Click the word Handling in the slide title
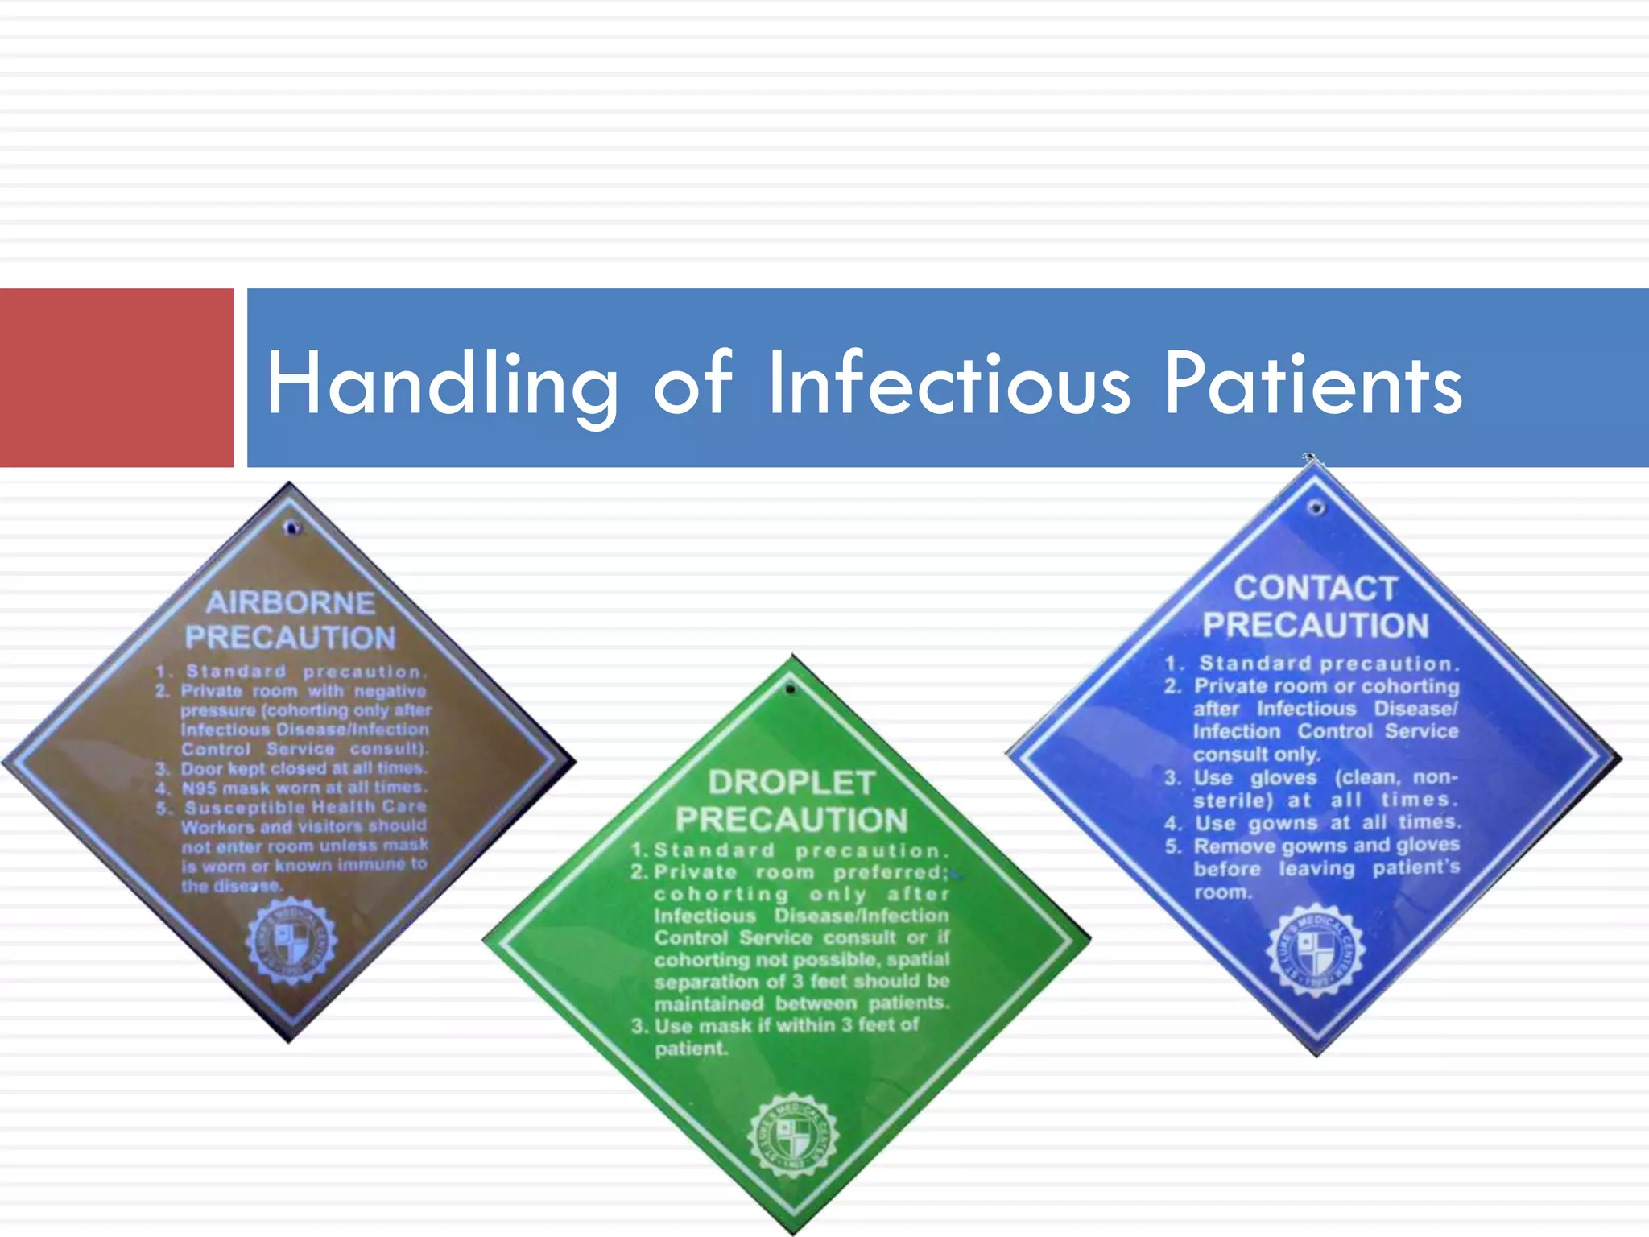pyautogui.click(x=441, y=385)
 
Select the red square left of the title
pyautogui.click(x=116, y=377)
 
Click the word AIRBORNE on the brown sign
pyautogui.click(x=290, y=602)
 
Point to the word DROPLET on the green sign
pyautogui.click(x=791, y=783)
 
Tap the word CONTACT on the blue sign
pyautogui.click(x=1315, y=589)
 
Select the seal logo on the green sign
pyautogui.click(x=792, y=1136)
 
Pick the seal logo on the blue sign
pyautogui.click(x=1316, y=950)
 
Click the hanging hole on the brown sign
pyautogui.click(x=292, y=528)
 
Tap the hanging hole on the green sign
pyautogui.click(x=791, y=689)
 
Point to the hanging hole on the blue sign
pyautogui.click(x=1316, y=507)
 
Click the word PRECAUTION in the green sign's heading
pyautogui.click(x=791, y=820)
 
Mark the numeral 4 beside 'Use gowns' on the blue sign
pyautogui.click(x=1172, y=824)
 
